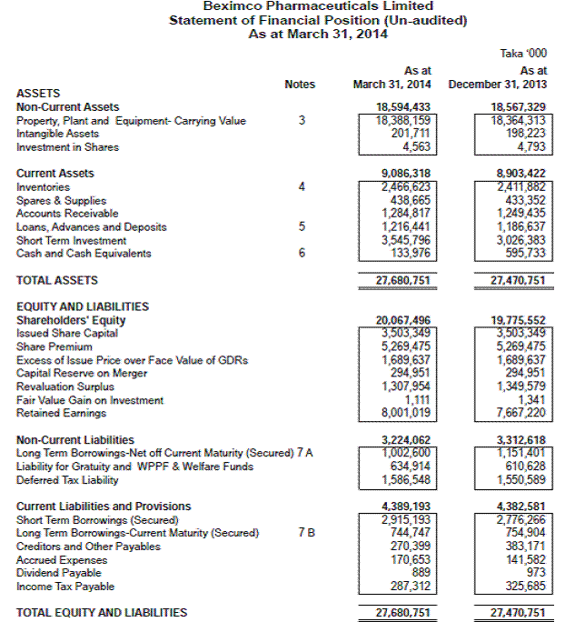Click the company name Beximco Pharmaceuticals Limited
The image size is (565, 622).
tap(318, 7)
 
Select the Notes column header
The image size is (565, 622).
tap(300, 85)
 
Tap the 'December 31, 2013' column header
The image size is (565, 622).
tap(498, 85)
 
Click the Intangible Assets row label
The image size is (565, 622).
tap(57, 134)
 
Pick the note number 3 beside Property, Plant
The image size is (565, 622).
tap(302, 121)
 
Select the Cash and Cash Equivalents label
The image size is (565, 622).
tap(84, 254)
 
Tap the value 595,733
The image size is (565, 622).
tap(525, 254)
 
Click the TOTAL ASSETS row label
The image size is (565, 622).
tap(57, 281)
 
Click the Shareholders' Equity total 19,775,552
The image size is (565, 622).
tap(519, 320)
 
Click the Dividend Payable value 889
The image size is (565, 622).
tap(419, 573)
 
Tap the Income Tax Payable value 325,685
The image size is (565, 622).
tap(525, 587)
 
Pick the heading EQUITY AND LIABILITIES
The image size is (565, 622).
tap(83, 307)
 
